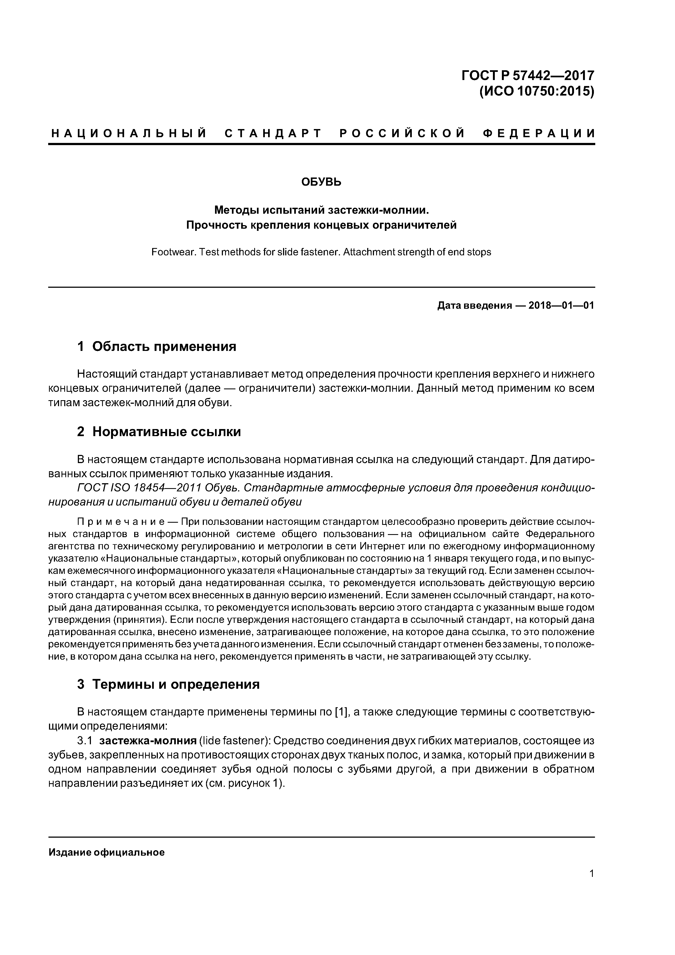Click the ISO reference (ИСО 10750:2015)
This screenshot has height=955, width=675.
coord(536,91)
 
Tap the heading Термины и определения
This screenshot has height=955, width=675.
coord(176,684)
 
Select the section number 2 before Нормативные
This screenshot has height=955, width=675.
coord(81,432)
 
